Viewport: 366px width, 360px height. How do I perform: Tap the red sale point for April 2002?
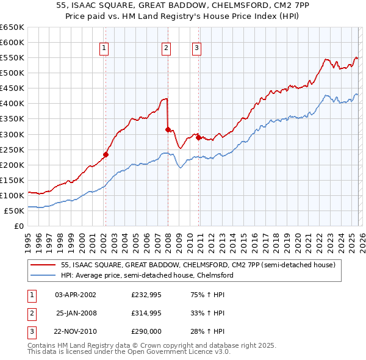[106, 154]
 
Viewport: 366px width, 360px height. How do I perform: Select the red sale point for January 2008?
[168, 129]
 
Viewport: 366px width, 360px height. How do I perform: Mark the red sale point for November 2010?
[199, 137]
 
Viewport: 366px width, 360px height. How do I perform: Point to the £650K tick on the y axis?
[12, 27]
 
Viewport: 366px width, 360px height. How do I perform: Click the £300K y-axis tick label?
[12, 134]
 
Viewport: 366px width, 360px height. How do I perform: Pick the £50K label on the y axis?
[14, 211]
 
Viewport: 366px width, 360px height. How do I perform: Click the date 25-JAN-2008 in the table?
[76, 313]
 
